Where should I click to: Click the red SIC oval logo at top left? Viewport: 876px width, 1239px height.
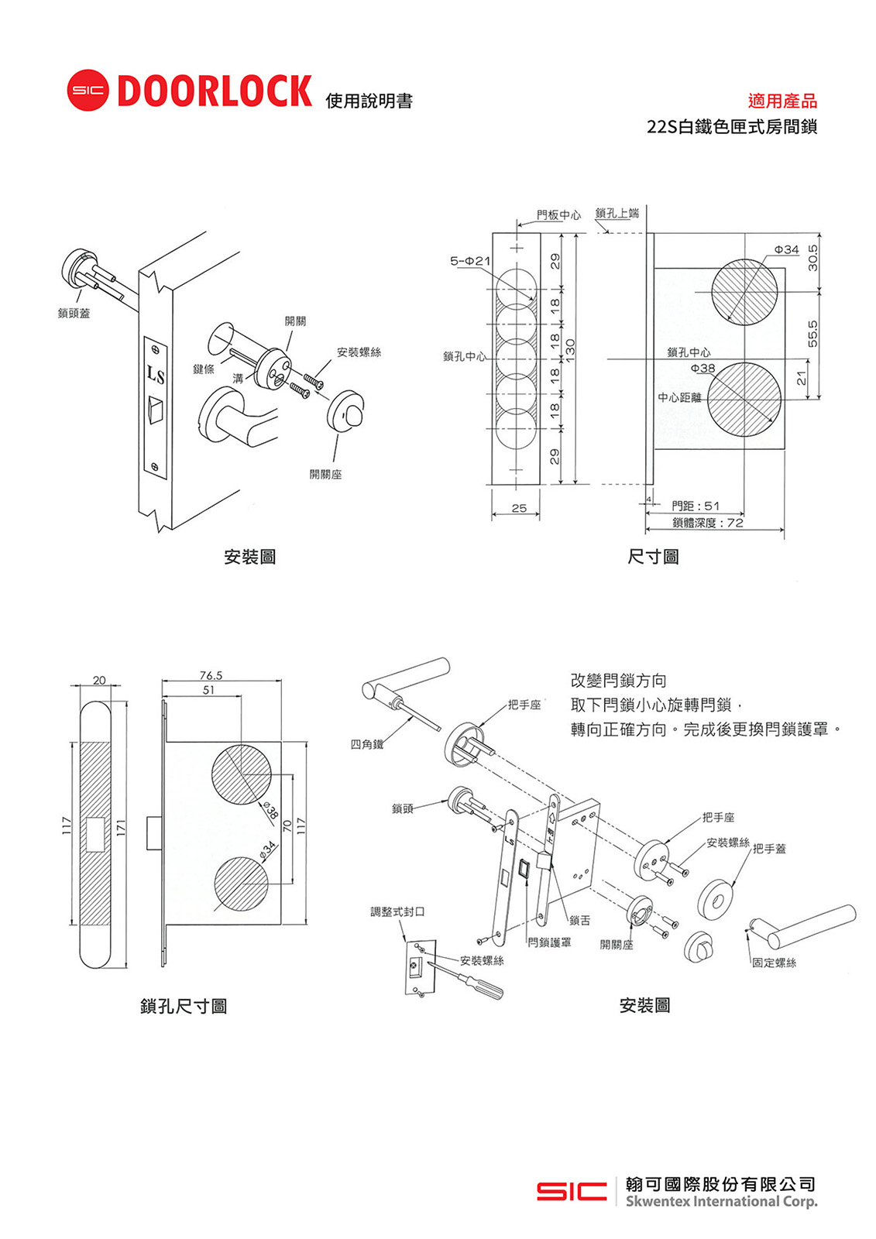click(88, 91)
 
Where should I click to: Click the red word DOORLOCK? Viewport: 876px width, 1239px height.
click(215, 91)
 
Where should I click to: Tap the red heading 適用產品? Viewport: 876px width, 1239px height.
click(782, 101)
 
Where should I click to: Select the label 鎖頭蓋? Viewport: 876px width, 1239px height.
click(74, 313)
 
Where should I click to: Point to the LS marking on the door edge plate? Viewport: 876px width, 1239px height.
click(156, 376)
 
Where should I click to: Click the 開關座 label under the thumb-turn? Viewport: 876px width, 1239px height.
click(325, 474)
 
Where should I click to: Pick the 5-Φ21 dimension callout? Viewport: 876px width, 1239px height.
click(469, 261)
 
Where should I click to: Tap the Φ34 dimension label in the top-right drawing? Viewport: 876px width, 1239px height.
click(786, 249)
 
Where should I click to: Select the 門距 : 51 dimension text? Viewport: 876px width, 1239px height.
click(695, 506)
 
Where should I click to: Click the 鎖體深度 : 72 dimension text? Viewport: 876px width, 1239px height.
click(707, 523)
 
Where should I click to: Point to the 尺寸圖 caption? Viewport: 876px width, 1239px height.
click(653, 557)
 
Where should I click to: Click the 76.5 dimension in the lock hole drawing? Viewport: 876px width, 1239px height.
click(211, 675)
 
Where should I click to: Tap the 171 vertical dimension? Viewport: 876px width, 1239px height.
click(121, 827)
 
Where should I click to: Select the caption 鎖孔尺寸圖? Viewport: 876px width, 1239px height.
click(184, 1006)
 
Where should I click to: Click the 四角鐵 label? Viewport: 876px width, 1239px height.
click(366, 744)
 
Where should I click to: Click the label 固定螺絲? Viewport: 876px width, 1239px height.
click(774, 963)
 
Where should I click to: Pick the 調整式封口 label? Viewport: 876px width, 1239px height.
click(397, 911)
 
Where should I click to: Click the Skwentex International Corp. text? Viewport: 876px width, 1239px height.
click(721, 1202)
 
